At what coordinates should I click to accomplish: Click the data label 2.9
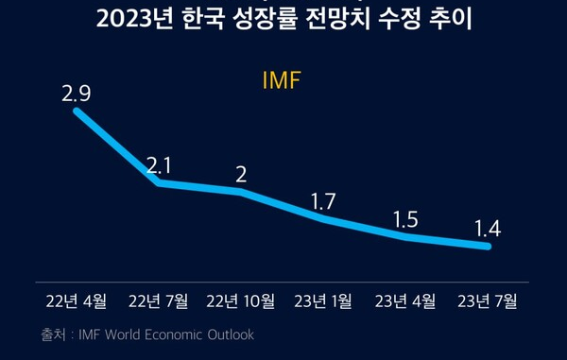[77, 94]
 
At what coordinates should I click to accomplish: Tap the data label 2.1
[159, 166]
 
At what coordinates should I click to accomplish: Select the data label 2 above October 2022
[241, 175]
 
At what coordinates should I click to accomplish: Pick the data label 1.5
[405, 219]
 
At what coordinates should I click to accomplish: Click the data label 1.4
[488, 228]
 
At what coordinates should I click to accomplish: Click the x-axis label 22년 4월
[77, 301]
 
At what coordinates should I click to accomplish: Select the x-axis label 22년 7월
[159, 301]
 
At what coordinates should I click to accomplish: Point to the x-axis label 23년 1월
[323, 301]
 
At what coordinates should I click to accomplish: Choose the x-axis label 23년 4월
[405, 301]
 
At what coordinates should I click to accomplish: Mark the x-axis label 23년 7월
[488, 301]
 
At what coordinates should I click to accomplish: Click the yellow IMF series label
[281, 80]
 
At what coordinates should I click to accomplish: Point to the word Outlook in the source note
[232, 334]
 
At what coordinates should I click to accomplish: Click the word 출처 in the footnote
[52, 334]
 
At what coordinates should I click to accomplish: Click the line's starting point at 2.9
[77, 111]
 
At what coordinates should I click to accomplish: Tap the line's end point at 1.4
[489, 247]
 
